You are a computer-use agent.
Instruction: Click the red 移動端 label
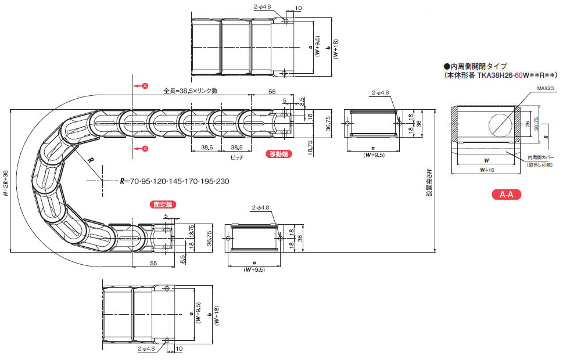[x=278, y=154]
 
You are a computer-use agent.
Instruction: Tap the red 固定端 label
[x=162, y=204]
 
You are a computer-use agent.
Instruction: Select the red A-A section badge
[x=506, y=195]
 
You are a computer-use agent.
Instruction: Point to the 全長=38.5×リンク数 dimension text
[x=190, y=91]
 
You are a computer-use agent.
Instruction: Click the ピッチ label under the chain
[x=237, y=157]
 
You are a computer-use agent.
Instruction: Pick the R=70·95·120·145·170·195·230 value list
[x=174, y=182]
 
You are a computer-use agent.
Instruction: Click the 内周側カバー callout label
[x=541, y=157]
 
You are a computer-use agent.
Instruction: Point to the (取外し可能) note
[x=541, y=164]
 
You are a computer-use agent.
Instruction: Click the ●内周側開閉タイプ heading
[x=476, y=66]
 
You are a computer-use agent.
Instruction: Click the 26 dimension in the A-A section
[x=527, y=123]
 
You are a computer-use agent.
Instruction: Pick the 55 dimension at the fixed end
[x=153, y=264]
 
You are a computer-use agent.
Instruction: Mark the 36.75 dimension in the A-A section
[x=536, y=123]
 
